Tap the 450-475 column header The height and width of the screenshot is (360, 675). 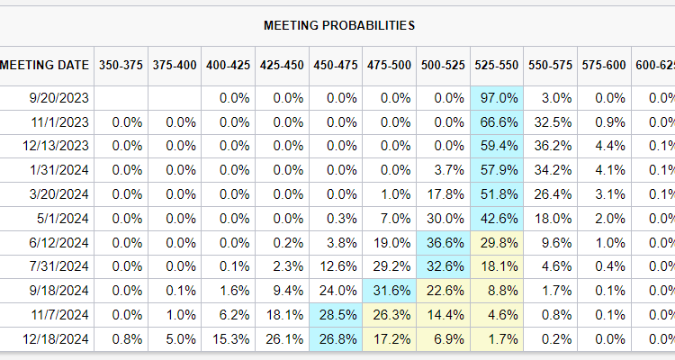[336, 65]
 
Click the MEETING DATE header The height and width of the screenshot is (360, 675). [45, 65]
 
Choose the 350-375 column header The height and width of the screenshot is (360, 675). [121, 65]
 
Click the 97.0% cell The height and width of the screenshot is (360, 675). [498, 98]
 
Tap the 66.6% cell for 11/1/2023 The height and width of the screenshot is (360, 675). [498, 122]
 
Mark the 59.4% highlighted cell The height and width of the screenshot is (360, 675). [498, 147]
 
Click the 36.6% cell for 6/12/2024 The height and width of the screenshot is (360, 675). [444, 243]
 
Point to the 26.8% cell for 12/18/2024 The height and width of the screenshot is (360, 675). [336, 339]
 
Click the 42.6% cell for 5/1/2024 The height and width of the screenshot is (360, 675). [498, 219]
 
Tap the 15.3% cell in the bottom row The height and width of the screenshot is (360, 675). [229, 339]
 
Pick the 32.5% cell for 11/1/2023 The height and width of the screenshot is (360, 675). [551, 122]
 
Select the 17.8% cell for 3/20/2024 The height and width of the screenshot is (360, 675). [444, 194]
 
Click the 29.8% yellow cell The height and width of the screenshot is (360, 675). [498, 243]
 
